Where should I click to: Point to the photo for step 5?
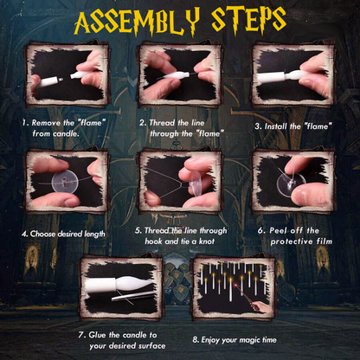point(179,182)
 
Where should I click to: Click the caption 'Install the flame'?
point(294,125)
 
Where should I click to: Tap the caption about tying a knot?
point(181,236)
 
